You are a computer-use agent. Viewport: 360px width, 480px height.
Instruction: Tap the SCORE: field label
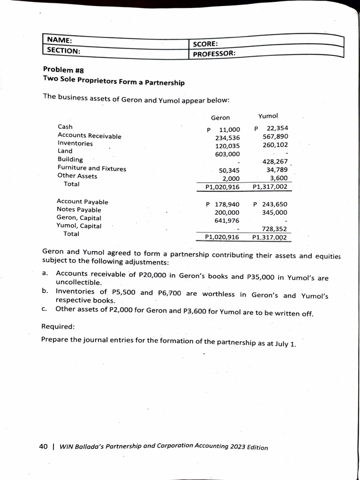204,44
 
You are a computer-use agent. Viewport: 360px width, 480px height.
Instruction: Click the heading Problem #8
63,70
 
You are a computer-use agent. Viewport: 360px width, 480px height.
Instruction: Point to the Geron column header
220,118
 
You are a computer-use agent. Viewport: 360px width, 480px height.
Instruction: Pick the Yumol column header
268,116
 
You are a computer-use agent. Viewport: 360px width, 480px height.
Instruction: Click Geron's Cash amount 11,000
230,129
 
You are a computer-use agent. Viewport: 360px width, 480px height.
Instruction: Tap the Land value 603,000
227,154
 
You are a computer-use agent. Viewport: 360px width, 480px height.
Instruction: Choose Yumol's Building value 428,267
275,161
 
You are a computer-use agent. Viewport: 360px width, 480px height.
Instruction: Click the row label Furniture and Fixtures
91,168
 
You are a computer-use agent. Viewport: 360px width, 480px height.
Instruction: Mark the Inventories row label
75,143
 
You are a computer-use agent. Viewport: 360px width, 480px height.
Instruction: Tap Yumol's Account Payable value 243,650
275,204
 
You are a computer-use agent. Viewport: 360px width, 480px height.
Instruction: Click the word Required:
58,326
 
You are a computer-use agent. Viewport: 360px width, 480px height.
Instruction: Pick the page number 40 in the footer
43,446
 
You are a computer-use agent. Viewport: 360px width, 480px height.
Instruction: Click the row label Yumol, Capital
79,225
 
